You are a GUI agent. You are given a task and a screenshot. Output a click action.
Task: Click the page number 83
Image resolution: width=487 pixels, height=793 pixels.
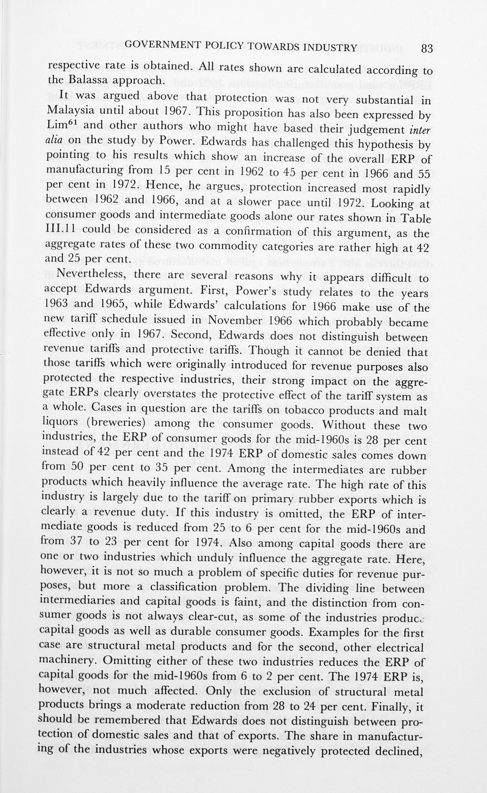tap(427, 48)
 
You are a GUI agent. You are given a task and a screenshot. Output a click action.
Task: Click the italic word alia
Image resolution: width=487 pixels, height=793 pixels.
tap(54, 140)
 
